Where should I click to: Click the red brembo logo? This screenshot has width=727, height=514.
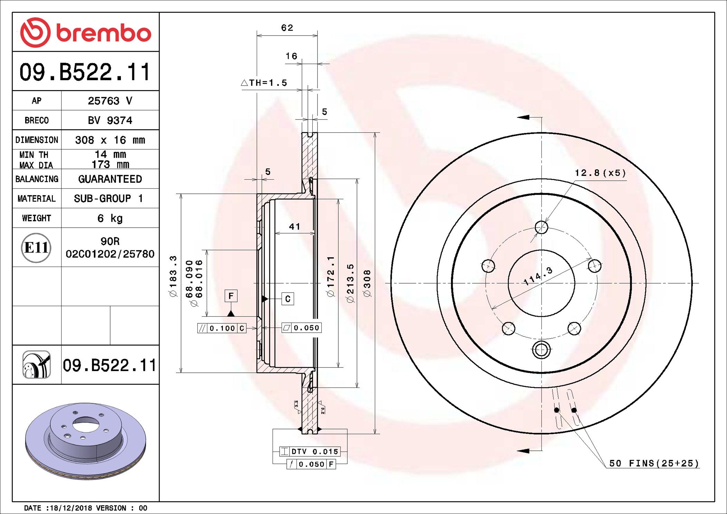pos(85,32)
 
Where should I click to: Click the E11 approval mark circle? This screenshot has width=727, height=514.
pos(36,248)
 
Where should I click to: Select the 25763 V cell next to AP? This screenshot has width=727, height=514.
pos(110,101)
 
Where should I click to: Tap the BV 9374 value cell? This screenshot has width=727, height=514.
pos(110,121)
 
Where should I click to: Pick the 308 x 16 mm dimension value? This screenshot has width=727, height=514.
pos(110,140)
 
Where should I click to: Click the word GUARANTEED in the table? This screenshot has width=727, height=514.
pos(110,179)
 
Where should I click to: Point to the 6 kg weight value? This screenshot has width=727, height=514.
pos(110,218)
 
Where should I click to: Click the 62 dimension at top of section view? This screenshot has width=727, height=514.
pos(287,28)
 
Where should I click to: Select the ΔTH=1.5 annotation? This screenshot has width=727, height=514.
pos(264,83)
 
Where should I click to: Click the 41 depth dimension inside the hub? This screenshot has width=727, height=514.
pos(294,227)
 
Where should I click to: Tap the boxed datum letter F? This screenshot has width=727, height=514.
pos(231,296)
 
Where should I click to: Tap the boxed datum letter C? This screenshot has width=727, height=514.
pos(287,299)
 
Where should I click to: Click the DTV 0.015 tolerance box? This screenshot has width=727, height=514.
pos(310,451)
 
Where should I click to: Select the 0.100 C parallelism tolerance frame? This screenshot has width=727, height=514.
pos(222,328)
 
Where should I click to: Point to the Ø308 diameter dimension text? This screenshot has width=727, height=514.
pos(367,283)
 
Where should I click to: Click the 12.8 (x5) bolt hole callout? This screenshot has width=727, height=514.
pos(600,173)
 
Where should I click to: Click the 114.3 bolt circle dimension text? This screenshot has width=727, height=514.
pos(538,276)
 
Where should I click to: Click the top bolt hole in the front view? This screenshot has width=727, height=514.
pos(541,227)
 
